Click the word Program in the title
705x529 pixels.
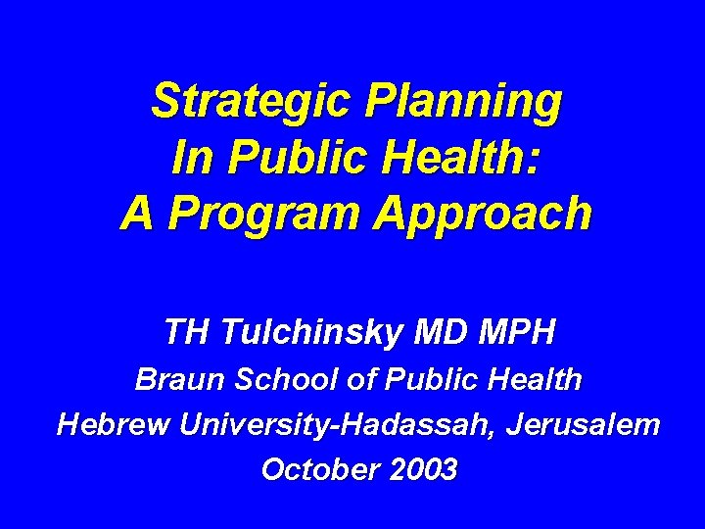pos(255,213)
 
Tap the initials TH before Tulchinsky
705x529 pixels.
pos(186,332)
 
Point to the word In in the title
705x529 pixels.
pos(188,157)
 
